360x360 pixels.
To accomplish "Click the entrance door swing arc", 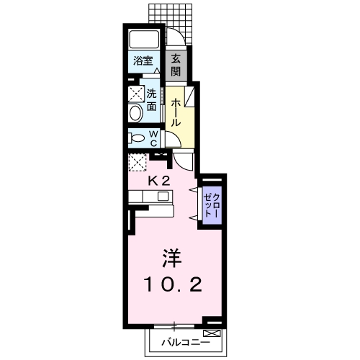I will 176,40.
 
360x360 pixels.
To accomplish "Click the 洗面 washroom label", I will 152,100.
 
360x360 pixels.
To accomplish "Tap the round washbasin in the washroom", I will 135,113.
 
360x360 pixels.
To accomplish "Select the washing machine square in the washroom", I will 135,94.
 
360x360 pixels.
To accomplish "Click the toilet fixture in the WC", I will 135,138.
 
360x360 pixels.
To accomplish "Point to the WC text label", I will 154,138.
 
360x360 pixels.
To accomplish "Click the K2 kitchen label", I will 158,181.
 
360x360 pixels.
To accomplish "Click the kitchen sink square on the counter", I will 163,196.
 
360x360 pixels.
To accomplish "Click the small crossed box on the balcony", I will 212,333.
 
